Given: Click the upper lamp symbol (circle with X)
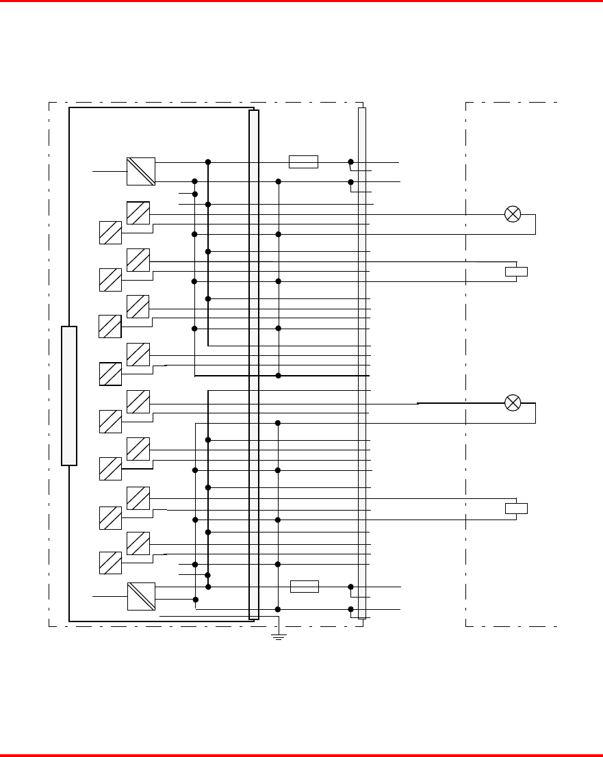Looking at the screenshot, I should pos(513,214).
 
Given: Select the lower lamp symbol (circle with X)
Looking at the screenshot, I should pos(513,402).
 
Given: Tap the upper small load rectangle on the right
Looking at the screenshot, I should pos(516,272).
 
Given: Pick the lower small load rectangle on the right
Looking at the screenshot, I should pos(516,508).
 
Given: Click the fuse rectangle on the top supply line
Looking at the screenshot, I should pos(303,162).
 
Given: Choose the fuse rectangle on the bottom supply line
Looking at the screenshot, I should pos(305,586).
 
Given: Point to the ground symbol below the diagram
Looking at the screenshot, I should pos(279,637).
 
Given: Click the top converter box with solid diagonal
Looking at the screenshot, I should pos(141,171).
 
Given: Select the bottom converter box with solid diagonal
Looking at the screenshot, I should pos(141,596).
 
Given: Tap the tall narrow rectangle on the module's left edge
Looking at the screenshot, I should pos(69,396).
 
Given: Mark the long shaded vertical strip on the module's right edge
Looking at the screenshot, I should pos(254,364).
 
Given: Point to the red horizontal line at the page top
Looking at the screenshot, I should pos(301,1).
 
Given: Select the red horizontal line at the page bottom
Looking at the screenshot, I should pos(301,755).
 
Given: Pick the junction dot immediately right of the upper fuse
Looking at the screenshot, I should pos(350,162).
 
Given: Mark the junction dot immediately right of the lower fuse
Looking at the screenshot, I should pos(350,587).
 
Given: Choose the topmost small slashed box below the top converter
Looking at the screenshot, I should pos(138,213).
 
